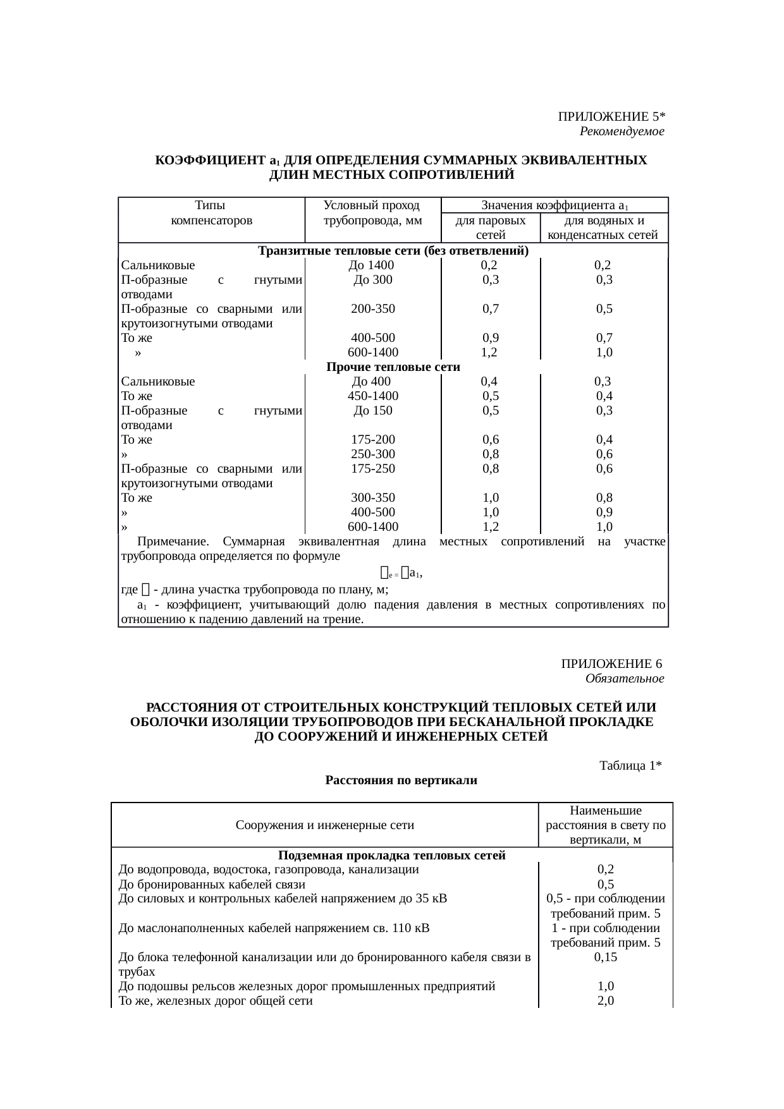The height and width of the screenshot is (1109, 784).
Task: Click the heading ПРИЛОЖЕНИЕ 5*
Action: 611,117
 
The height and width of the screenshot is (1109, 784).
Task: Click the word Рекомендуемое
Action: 622,131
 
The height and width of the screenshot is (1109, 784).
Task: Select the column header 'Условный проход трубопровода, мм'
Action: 372,213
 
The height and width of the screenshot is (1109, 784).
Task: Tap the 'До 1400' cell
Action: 372,265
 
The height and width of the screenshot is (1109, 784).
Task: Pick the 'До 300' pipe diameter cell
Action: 372,280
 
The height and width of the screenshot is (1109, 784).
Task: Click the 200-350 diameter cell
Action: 372,309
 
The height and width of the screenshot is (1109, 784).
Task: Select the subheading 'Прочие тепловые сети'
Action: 393,367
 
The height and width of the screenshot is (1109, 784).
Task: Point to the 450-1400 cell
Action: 372,396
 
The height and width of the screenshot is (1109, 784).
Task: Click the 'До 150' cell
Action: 372,411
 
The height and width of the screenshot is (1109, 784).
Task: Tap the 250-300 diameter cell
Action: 372,454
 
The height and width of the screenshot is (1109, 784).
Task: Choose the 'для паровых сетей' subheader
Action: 490,227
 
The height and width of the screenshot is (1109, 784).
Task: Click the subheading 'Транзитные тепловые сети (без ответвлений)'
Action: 393,251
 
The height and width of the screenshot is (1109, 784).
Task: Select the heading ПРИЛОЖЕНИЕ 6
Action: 611,664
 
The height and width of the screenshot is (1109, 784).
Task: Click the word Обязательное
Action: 624,679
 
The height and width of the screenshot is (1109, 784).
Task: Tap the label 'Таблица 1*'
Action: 630,766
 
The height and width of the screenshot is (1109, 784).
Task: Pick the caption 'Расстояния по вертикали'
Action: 401,780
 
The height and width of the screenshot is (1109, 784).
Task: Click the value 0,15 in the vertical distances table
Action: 605,957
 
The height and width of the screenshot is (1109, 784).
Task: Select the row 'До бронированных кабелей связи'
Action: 212,884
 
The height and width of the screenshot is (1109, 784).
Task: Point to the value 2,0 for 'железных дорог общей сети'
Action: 605,1001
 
